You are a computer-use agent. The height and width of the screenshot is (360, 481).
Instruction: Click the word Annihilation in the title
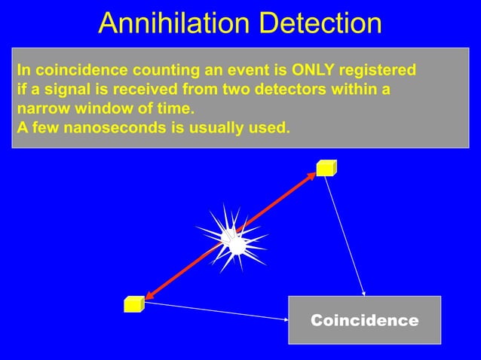click(x=175, y=23)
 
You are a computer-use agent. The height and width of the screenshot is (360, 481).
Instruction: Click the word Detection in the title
click(x=320, y=23)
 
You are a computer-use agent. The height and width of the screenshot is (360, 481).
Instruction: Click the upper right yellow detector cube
click(x=326, y=168)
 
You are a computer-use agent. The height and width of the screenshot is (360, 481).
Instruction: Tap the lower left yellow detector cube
click(x=133, y=304)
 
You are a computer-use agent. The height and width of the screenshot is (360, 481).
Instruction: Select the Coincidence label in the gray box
click(x=364, y=321)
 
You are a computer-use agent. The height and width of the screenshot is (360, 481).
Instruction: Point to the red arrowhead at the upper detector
click(x=310, y=177)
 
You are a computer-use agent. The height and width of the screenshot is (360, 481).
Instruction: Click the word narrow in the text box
click(x=41, y=108)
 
